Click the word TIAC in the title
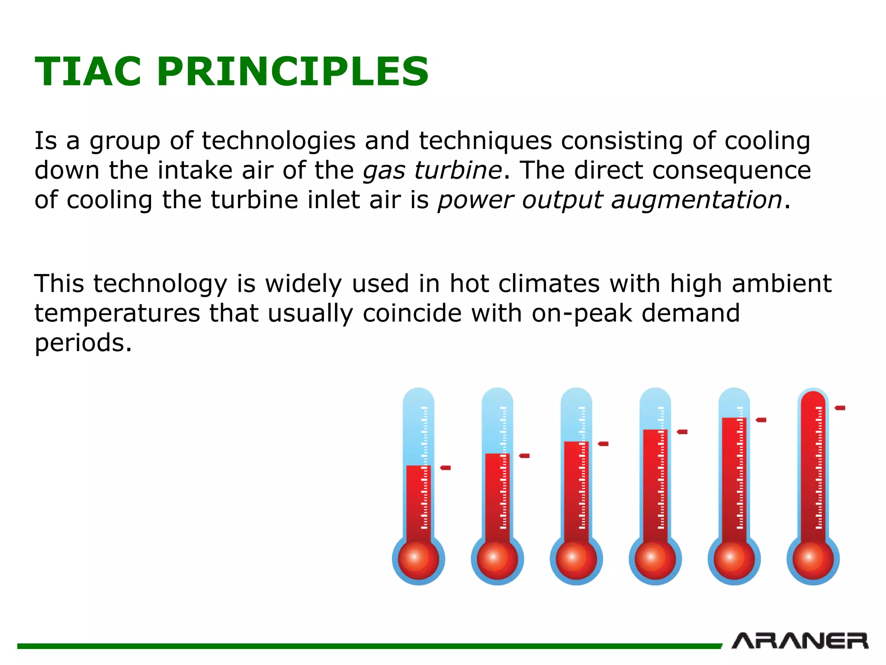click(88, 72)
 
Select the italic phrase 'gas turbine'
click(432, 170)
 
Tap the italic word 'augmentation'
click(697, 200)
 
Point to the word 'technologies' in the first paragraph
click(278, 141)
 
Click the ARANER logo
click(800, 641)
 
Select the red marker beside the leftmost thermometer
click(446, 468)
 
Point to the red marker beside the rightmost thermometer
click(840, 408)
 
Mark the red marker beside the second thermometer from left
click(524, 455)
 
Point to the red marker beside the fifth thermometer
click(761, 420)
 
